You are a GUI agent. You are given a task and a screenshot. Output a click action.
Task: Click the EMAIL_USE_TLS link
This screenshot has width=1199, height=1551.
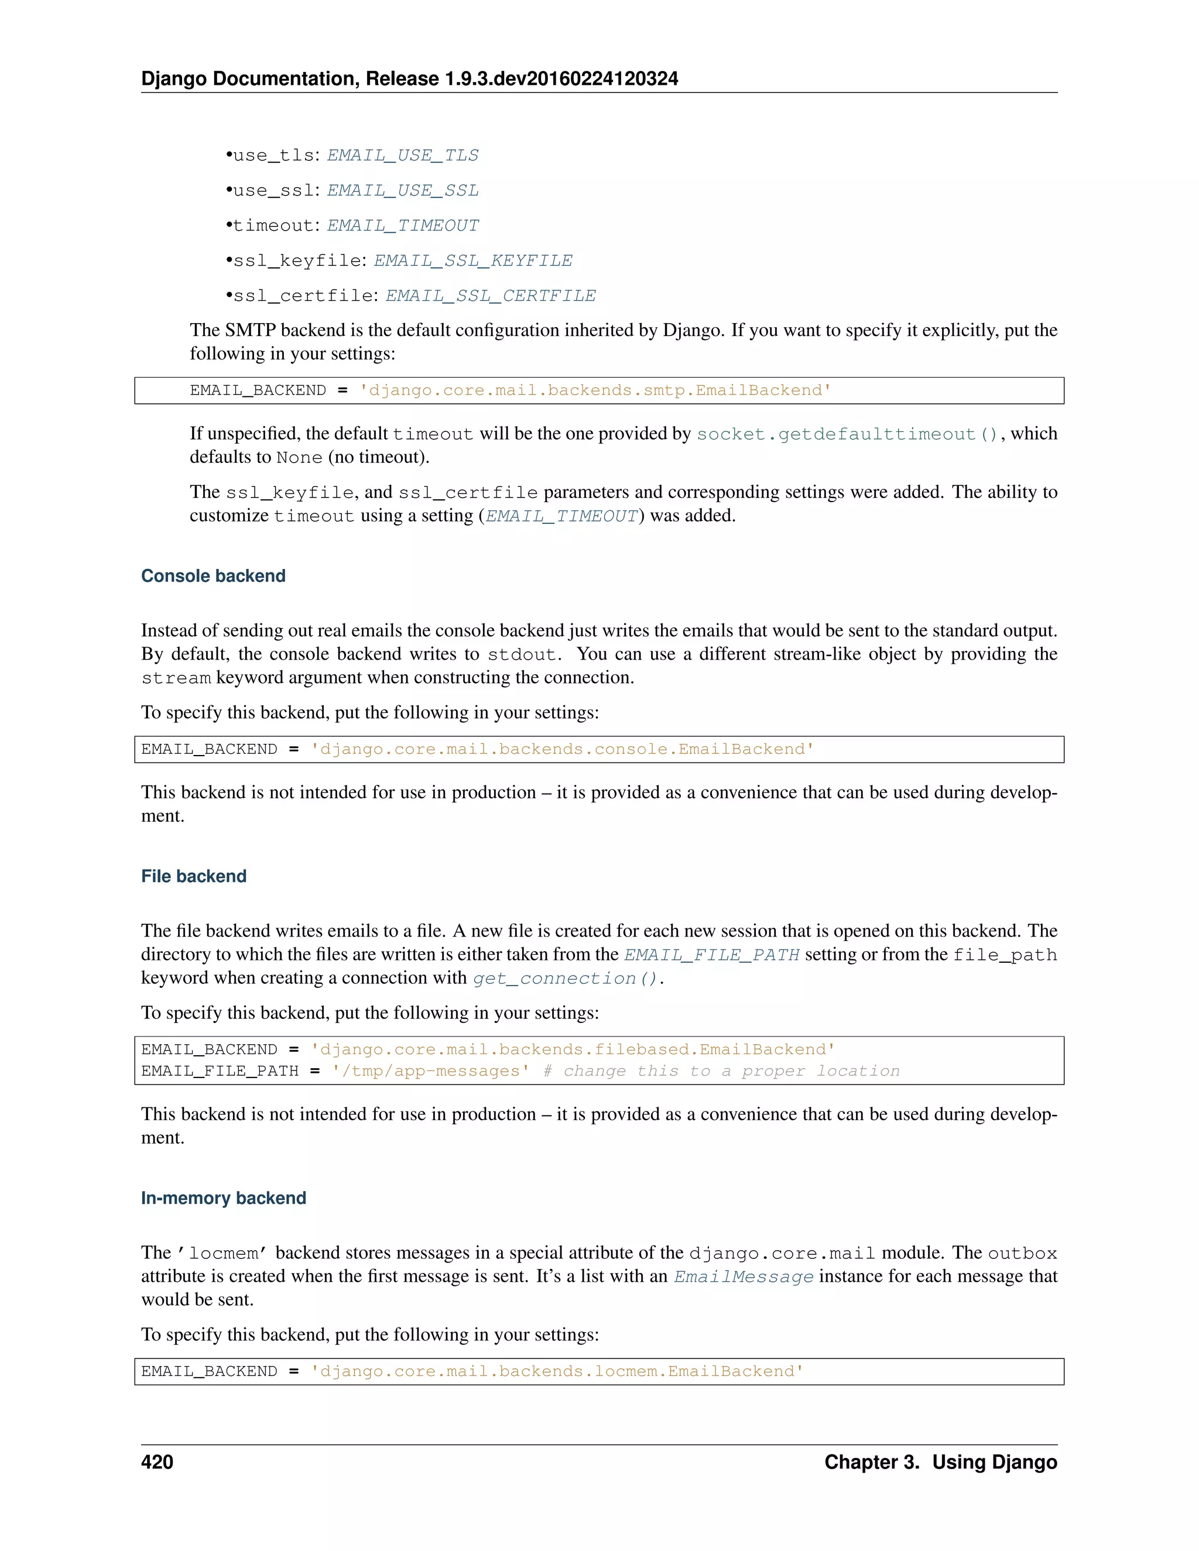[402, 156]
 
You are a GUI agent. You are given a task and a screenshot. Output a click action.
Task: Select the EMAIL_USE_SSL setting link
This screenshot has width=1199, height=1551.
[402, 190]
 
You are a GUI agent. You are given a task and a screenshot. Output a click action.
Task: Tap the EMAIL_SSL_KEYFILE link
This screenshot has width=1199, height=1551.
[472, 260]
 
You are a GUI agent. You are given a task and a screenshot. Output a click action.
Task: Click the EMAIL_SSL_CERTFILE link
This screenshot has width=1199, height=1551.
[490, 296]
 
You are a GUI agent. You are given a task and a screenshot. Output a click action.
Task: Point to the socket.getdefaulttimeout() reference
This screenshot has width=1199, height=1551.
[847, 434]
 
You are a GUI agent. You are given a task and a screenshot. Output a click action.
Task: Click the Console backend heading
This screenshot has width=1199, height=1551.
[213, 576]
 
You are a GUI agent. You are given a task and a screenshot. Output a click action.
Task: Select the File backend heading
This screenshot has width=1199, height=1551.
[193, 876]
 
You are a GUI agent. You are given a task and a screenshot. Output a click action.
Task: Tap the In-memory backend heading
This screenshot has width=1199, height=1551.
[223, 1198]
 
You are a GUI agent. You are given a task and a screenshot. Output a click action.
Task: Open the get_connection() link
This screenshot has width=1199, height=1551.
[566, 979]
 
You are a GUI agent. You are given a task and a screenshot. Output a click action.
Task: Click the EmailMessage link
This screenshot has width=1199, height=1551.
[743, 1277]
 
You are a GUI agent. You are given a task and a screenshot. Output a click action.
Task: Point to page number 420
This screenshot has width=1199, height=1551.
[157, 1462]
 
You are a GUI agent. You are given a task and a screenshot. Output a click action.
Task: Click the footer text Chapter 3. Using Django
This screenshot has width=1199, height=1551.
[940, 1462]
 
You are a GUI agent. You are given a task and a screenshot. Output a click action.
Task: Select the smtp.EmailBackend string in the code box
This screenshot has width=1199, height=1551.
[595, 390]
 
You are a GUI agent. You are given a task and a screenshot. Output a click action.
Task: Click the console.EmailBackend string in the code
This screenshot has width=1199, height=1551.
[562, 749]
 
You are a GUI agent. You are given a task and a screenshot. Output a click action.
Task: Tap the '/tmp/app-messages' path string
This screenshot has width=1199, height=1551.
[430, 1071]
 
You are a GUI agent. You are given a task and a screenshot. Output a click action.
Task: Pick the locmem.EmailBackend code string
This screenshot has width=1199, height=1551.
[557, 1371]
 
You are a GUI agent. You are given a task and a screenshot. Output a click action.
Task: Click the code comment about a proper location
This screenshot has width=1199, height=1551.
[721, 1071]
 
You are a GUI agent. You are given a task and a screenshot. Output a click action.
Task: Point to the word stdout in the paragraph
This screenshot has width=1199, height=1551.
[522, 655]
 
